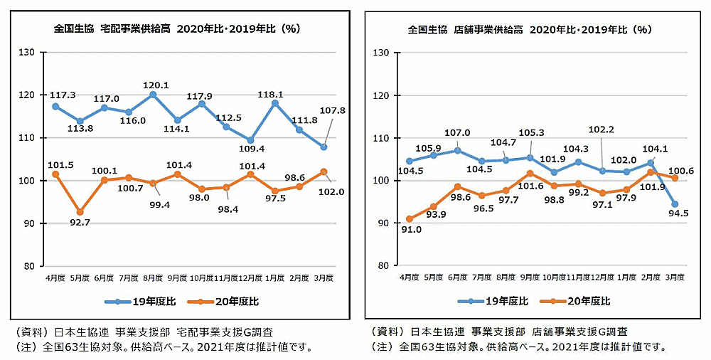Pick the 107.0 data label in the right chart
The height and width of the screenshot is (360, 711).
[x=457, y=132]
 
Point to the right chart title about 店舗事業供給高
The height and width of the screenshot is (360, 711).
[x=530, y=30]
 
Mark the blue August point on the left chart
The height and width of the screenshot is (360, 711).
[x=154, y=94]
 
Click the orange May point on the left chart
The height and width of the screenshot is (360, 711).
[x=80, y=212]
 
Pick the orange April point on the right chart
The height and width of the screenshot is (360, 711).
[x=409, y=219]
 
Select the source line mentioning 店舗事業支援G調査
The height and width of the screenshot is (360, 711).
[x=499, y=332]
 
